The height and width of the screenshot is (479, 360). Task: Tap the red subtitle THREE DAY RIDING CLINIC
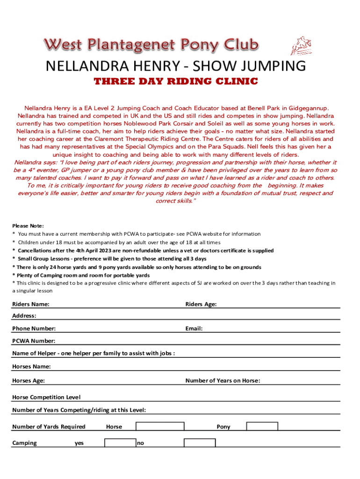click(x=176, y=82)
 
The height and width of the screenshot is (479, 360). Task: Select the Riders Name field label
click(x=31, y=305)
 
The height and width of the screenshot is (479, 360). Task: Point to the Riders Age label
click(x=201, y=305)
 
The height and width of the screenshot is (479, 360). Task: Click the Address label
click(x=24, y=316)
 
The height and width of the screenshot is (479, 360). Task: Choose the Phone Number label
click(x=34, y=329)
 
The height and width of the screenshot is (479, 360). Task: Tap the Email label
click(x=194, y=329)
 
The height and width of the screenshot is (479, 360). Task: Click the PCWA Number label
click(x=34, y=341)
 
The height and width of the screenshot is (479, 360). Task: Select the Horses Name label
click(x=31, y=366)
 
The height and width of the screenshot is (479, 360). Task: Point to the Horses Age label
click(x=29, y=381)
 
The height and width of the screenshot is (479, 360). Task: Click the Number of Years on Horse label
click(x=223, y=381)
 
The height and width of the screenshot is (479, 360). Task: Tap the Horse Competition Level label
click(x=46, y=397)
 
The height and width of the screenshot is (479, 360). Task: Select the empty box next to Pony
click(x=262, y=426)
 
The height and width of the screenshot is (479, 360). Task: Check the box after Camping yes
click(x=120, y=443)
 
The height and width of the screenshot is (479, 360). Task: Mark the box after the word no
click(x=199, y=443)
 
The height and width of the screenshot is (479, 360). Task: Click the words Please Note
click(x=28, y=225)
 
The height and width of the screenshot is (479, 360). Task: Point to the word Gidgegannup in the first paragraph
click(x=309, y=108)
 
